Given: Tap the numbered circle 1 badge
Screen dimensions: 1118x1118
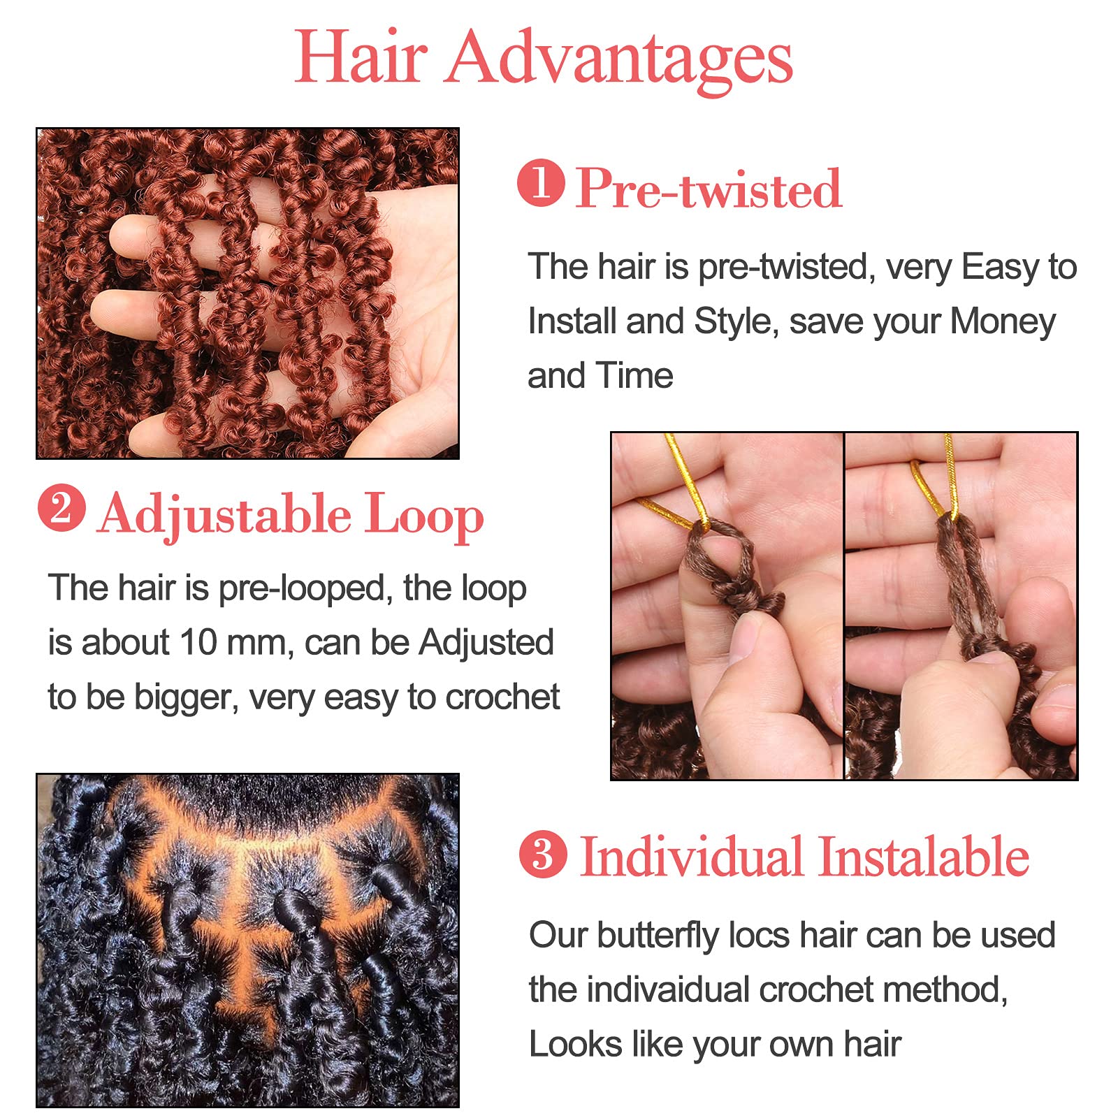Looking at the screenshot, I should tap(541, 183).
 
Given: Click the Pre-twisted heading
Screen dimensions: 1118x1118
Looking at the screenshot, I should tap(709, 189).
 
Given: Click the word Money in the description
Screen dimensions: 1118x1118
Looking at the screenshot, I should tap(1003, 321).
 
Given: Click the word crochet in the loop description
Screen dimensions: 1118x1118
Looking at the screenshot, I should tap(502, 697).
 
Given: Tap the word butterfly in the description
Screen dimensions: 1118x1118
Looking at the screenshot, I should tap(658, 936).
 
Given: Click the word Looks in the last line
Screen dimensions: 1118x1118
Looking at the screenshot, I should tap(574, 1044).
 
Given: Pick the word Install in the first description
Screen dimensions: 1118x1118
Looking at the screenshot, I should tap(571, 321).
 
